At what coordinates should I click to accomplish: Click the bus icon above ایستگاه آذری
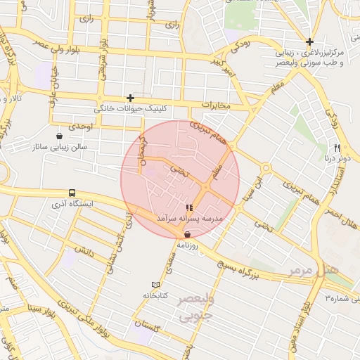pos(72,193)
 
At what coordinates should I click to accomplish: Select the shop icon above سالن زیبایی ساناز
pos(60,136)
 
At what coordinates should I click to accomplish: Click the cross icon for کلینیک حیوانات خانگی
pos(130,98)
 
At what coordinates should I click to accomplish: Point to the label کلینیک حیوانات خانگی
pos(124,110)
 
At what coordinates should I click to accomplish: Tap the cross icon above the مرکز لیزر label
pos(309,41)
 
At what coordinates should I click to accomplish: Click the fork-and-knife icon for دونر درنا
pos(337,148)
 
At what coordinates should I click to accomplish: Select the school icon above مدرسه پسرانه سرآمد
pos(188,208)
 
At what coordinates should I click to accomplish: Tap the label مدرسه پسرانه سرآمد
pos(189,220)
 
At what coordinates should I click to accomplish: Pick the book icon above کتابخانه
pos(155,285)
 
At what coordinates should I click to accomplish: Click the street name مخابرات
pos(216,105)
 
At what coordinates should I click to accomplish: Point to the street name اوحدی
pos(81,126)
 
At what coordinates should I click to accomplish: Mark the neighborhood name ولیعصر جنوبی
pos(193,308)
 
